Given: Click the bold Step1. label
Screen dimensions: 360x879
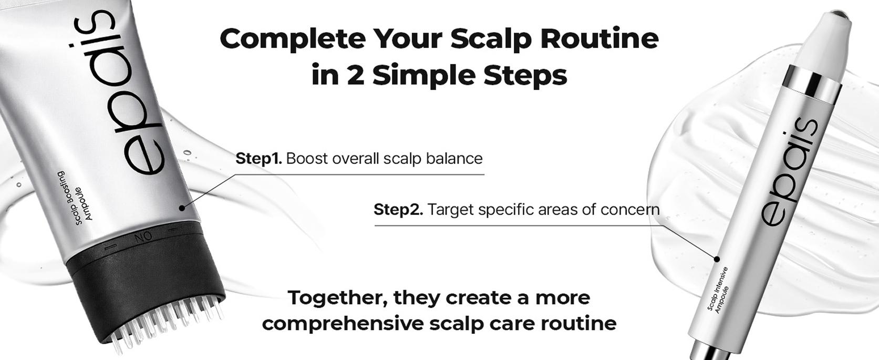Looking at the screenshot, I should pyautogui.click(x=258, y=158).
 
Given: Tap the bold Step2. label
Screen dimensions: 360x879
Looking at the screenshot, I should pyautogui.click(x=398, y=210).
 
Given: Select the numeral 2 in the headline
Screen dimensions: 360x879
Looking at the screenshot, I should pyautogui.click(x=355, y=75).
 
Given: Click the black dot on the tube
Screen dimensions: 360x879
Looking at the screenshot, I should pyautogui.click(x=182, y=208).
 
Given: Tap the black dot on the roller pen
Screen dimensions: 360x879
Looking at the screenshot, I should pyautogui.click(x=717, y=259).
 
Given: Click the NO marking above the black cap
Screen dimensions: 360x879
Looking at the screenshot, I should pyautogui.click(x=143, y=238).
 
